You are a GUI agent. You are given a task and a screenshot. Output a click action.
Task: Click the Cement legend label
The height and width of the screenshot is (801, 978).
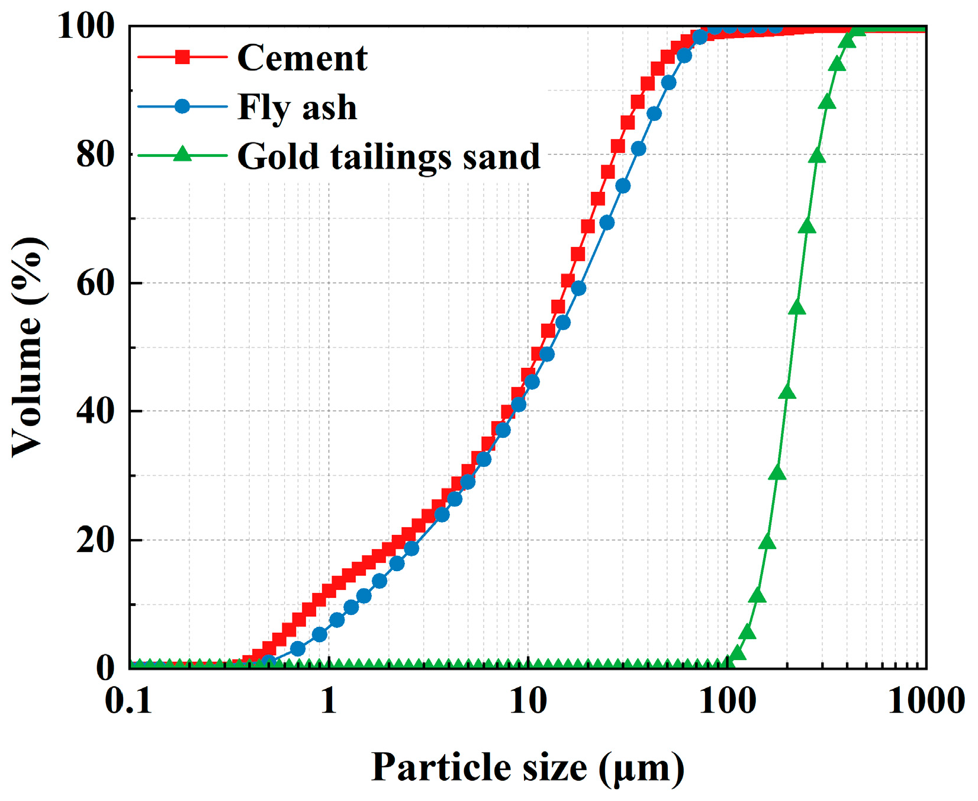302,58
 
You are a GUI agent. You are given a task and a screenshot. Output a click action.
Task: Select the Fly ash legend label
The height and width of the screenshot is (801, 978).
297,108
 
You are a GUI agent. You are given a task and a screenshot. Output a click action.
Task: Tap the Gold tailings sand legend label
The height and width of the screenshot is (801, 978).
389,157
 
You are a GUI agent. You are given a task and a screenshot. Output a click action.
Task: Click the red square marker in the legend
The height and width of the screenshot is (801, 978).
183,57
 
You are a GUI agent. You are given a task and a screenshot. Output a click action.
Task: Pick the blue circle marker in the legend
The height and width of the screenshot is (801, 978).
183,107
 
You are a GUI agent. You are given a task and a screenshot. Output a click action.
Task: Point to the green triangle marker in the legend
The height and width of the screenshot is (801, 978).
183,155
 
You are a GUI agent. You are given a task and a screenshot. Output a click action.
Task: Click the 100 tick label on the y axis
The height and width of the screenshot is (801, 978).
86,27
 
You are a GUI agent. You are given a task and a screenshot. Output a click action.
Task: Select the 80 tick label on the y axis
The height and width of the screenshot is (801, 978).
95,155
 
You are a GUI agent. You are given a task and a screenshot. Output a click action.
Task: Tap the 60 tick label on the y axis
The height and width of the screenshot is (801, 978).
95,283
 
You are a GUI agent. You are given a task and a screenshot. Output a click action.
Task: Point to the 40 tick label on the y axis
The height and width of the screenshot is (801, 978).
95,411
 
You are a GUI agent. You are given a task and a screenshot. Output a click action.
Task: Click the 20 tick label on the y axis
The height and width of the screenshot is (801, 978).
95,540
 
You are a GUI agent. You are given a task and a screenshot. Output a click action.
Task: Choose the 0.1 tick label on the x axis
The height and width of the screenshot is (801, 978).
129,702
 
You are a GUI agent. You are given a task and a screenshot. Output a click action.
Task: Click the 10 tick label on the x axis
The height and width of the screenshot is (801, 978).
527,702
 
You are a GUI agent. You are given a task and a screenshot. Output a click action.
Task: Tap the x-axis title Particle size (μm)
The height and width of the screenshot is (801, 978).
527,768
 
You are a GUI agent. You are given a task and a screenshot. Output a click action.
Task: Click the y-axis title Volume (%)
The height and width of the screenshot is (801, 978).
28,347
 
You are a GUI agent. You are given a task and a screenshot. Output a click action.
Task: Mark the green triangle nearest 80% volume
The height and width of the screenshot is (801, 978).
817,156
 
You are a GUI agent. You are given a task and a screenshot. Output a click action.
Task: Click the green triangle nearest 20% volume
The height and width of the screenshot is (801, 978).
767,542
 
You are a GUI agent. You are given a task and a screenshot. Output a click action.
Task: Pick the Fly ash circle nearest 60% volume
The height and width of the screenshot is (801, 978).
579,289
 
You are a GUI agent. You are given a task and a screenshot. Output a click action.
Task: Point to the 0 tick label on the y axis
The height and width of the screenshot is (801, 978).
105,668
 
